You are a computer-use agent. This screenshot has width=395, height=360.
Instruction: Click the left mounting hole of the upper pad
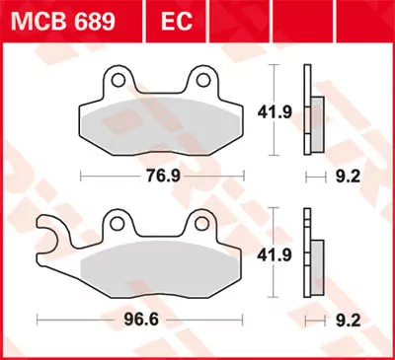pos(118,77)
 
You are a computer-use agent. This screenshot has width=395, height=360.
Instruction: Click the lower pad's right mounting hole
pos(210,226)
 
